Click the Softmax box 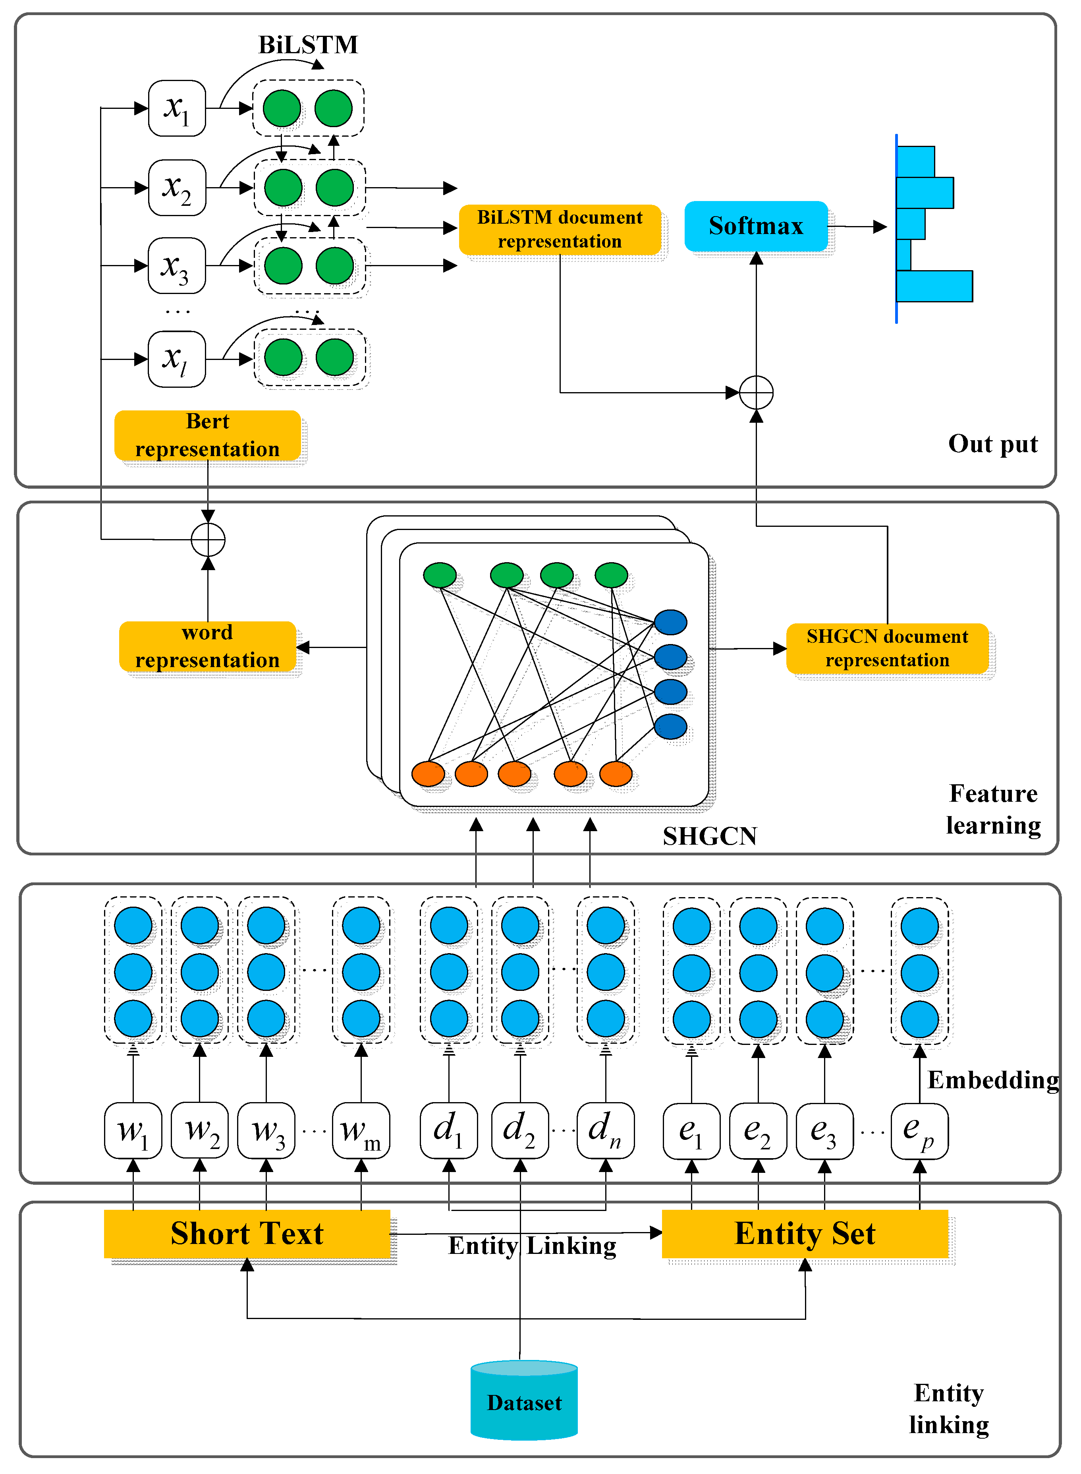(756, 226)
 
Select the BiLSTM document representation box (560, 230)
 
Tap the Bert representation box (207, 435)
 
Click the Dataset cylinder (524, 1402)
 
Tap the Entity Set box (805, 1233)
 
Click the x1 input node (177, 108)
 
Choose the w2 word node (200, 1130)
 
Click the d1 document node (449, 1130)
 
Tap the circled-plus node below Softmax (757, 393)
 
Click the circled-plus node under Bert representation (208, 540)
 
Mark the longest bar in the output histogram (934, 286)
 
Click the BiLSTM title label (308, 44)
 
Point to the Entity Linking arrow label (532, 1246)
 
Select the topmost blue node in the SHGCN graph (671, 622)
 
